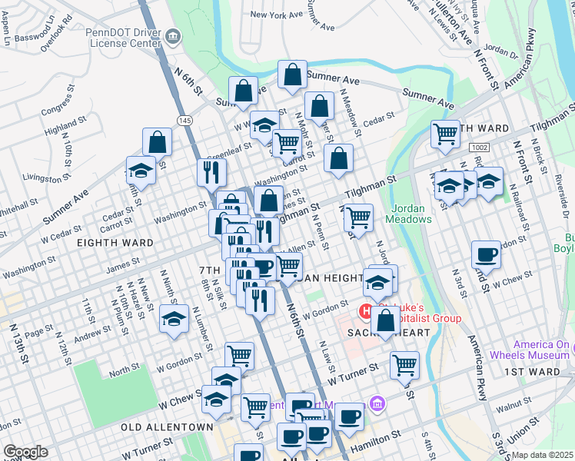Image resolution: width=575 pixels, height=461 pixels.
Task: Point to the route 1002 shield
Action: [480, 146]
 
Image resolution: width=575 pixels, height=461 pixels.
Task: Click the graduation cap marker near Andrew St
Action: [174, 317]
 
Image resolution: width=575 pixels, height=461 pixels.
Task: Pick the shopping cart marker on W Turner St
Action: [404, 364]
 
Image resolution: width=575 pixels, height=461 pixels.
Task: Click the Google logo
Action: [25, 452]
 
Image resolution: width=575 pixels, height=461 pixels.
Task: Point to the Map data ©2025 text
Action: [542, 455]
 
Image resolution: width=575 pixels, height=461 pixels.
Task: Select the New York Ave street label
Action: [277, 15]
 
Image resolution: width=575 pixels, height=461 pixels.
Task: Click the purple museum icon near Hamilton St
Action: [376, 403]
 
